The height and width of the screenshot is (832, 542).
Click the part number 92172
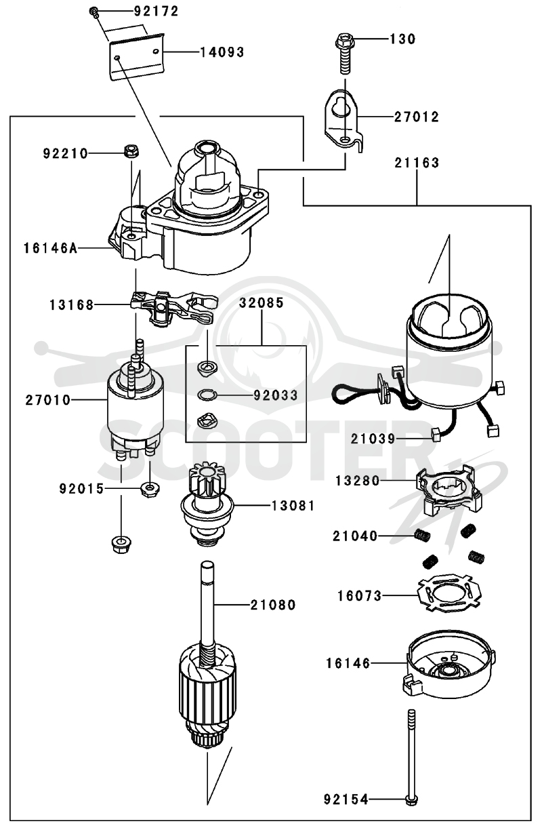pos(156,12)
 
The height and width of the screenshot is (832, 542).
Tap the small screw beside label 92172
pos(93,12)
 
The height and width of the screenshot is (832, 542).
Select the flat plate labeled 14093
pos(136,56)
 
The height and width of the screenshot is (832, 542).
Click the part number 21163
pos(417,163)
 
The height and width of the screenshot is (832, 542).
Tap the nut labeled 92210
pos(131,151)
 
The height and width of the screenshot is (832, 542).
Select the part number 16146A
pos(51,248)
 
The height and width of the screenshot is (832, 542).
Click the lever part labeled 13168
pos(173,307)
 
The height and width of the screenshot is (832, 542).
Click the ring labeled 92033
pos(206,395)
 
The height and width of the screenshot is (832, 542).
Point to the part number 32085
pos(262,302)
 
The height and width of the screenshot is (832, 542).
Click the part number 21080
pos(273,605)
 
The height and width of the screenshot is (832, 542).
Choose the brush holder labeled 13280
pos(449,489)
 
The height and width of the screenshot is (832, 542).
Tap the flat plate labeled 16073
pos(449,597)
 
